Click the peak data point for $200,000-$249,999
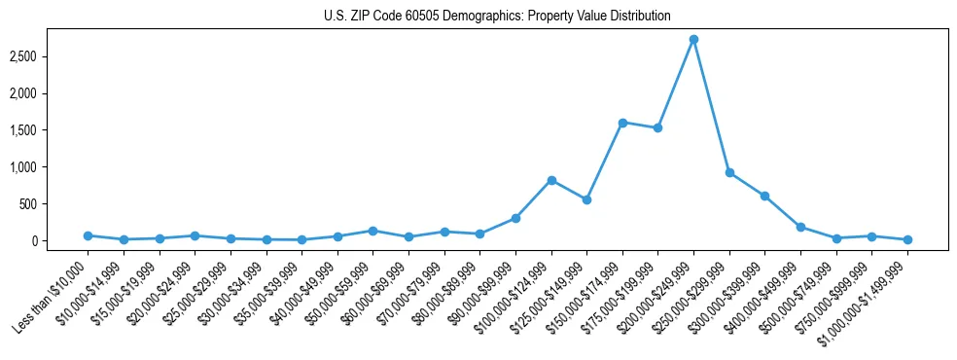(693, 39)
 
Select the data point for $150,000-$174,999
(622, 123)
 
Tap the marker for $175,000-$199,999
(657, 127)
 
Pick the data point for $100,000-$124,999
(551, 180)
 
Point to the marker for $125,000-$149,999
(586, 199)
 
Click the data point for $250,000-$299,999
(729, 172)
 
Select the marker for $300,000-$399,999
(764, 196)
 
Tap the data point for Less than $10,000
(88, 235)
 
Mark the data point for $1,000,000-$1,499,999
(907, 239)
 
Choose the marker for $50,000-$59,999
(372, 231)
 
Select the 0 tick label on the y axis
(60, 240)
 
